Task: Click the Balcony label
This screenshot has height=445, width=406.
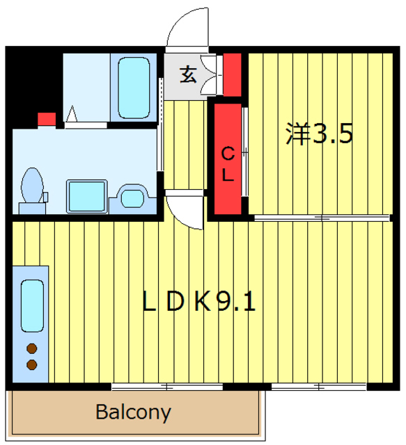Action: click(133, 412)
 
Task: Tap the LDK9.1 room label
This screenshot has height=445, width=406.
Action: click(198, 301)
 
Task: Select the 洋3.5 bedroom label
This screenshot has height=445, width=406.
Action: click(319, 133)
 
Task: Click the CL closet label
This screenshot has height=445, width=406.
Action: click(228, 164)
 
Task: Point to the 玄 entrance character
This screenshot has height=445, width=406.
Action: click(188, 74)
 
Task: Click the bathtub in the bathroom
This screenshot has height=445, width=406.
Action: click(134, 88)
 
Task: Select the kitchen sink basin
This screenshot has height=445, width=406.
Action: click(32, 306)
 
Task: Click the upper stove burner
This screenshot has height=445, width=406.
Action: click(32, 348)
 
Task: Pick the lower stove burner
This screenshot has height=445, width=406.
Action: click(32, 364)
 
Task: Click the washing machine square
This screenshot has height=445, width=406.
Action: click(87, 196)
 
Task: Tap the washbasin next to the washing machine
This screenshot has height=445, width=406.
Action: click(132, 198)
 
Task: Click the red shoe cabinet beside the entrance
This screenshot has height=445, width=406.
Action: click(233, 74)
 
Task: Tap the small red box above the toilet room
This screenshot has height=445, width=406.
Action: click(47, 119)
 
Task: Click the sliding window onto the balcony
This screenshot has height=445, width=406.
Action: click(167, 387)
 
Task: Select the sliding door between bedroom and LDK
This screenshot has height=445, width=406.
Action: click(322, 218)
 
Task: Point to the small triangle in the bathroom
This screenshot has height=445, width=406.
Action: click(72, 114)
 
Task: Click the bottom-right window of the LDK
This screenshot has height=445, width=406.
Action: click(319, 387)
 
